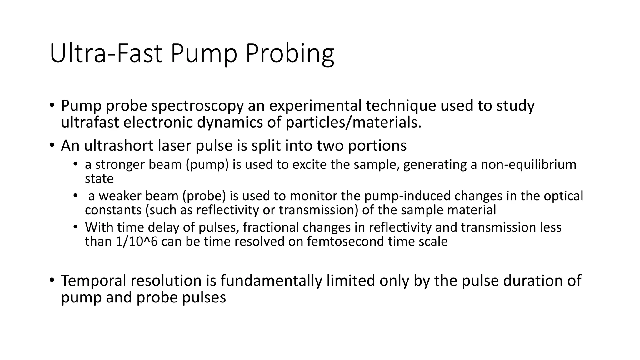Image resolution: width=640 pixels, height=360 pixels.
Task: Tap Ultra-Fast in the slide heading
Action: pyautogui.click(x=106, y=54)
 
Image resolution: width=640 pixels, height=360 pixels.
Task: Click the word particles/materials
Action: pyautogui.click(x=353, y=122)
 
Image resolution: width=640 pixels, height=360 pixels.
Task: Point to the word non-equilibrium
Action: pyautogui.click(x=528, y=165)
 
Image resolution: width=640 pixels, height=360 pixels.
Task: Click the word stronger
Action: pyautogui.click(x=120, y=165)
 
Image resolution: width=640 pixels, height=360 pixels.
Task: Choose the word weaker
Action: pyautogui.click(x=120, y=196)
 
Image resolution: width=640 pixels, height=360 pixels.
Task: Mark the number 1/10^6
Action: pyautogui.click(x=137, y=242)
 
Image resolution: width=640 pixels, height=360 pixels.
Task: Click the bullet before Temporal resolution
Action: pyautogui.click(x=52, y=280)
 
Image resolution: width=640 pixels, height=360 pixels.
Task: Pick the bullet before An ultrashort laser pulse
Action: pyautogui.click(x=52, y=145)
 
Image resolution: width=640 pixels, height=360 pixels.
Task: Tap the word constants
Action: pyautogui.click(x=113, y=210)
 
